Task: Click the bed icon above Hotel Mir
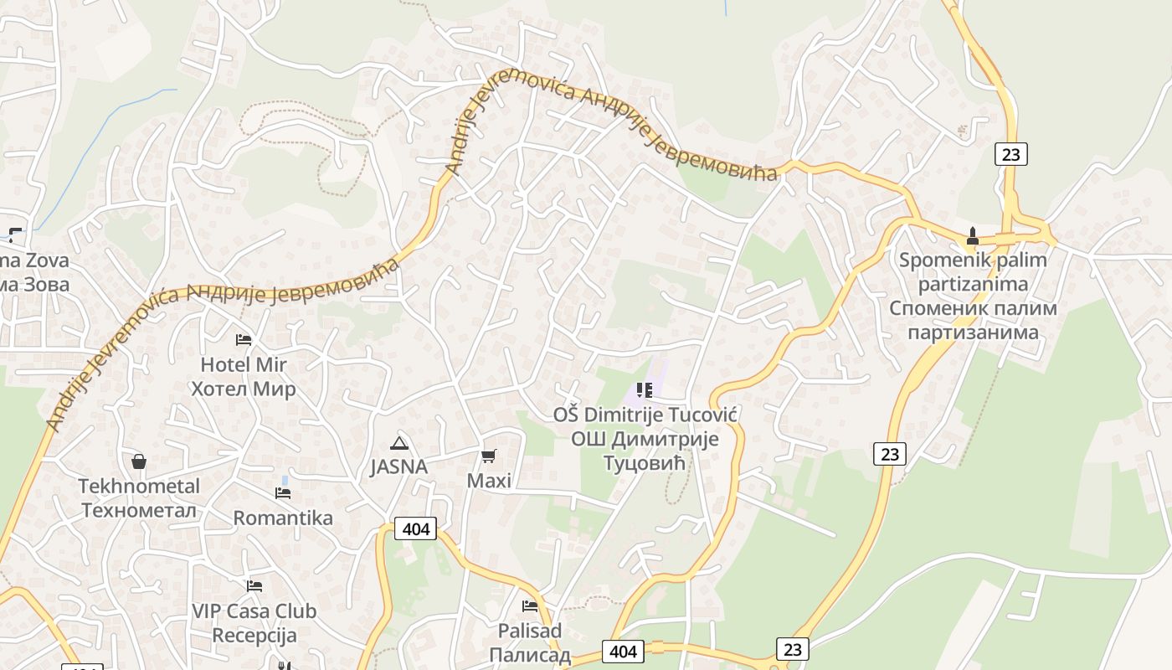pos(243,339)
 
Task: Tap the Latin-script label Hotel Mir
pos(243,365)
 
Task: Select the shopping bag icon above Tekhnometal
pos(139,461)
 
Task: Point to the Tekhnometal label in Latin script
pos(139,487)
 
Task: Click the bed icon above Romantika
pos(283,493)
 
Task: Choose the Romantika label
pos(283,518)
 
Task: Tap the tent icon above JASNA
pos(398,443)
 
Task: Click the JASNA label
pos(398,467)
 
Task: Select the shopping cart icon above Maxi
pos(489,456)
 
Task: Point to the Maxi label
pos(489,481)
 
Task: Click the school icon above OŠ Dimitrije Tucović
pos(644,389)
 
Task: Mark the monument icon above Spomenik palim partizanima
pos(972,235)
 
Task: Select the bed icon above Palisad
pos(529,606)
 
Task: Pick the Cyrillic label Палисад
pos(529,655)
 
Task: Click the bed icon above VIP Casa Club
pos(254,586)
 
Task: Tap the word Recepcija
pos(254,636)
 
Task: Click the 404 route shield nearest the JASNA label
pos(416,528)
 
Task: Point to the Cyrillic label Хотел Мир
pos(243,389)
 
